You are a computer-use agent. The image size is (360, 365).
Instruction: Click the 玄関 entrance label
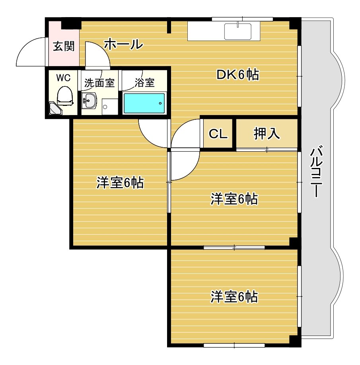[64, 47]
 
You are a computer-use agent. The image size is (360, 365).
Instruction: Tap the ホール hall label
[123, 44]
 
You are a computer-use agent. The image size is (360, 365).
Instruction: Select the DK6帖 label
[237, 74]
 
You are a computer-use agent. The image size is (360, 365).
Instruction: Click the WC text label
[63, 78]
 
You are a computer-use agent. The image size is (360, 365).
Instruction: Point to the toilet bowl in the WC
[64, 97]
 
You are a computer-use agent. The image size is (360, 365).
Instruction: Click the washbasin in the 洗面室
[90, 101]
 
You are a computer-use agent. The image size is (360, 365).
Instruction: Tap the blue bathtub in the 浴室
[144, 103]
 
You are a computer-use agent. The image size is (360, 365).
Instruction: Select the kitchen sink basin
[237, 31]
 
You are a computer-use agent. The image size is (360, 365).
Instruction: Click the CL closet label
[218, 134]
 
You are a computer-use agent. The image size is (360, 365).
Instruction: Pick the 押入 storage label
[267, 134]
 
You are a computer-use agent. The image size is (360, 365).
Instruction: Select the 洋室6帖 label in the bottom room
[234, 297]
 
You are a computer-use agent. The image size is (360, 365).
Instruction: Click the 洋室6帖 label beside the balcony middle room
[234, 199]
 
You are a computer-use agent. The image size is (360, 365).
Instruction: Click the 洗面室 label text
[99, 83]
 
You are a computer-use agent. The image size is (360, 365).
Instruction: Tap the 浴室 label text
[144, 83]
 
